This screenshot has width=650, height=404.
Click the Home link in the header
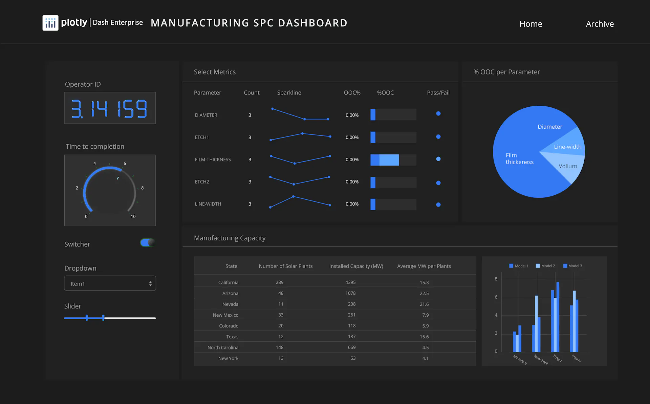coord(530,24)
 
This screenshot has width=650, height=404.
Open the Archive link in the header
coord(600,24)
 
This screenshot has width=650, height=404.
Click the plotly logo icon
coord(50,23)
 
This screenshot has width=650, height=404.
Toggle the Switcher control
coord(148,242)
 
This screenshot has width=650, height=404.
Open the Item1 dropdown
coord(110,283)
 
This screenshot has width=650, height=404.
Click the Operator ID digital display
coord(110,108)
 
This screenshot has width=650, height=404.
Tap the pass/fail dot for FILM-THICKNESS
coord(438,159)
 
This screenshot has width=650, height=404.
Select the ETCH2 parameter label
coord(202,182)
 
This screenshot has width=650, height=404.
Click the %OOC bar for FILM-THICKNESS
coord(393,160)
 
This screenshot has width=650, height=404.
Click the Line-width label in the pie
coord(568,147)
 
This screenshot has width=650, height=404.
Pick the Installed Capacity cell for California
coord(350,282)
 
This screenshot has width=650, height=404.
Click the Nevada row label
coord(230,304)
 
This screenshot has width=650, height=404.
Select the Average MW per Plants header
coord(424,266)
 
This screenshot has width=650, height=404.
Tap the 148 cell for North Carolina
coord(280,347)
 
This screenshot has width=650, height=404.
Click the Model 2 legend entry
coord(545,266)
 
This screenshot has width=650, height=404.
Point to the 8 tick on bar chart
coord(496,279)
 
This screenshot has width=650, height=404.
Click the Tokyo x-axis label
coord(557,358)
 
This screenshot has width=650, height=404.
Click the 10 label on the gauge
coord(133,216)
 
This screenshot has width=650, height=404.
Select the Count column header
coord(252,92)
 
